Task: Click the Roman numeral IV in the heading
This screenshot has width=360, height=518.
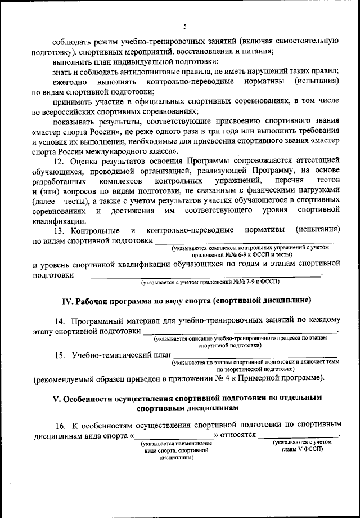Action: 66,300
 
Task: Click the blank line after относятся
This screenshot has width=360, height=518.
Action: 298,435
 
